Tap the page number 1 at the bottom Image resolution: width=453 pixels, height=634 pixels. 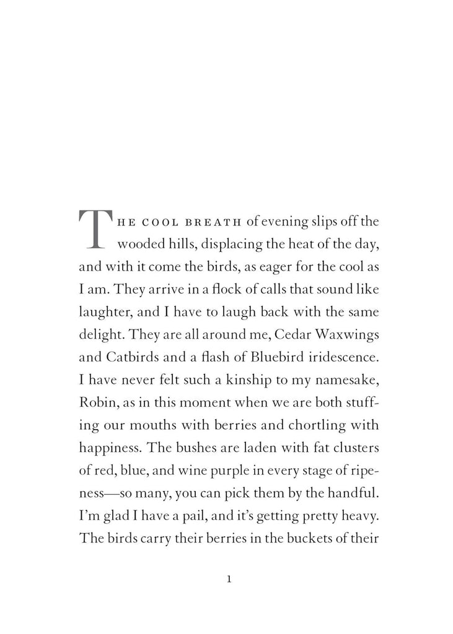(x=229, y=580)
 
